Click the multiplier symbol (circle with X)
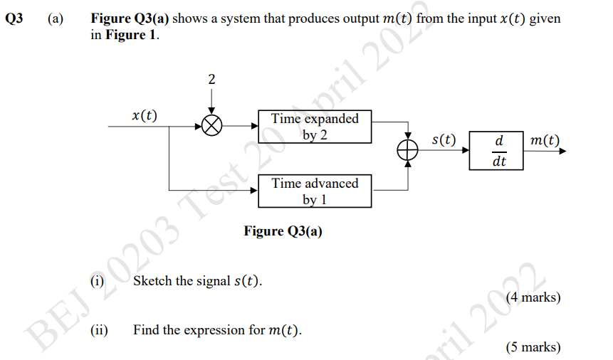coord(211,126)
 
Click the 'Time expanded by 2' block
coord(315,126)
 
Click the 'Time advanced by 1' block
coord(315,191)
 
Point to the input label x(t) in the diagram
coord(145,114)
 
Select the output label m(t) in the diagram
coord(545,140)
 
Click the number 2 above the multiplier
coord(211,79)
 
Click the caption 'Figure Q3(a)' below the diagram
coord(283,231)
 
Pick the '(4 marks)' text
coord(533,297)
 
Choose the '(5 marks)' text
coord(533,347)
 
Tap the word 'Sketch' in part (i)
coord(152,281)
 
